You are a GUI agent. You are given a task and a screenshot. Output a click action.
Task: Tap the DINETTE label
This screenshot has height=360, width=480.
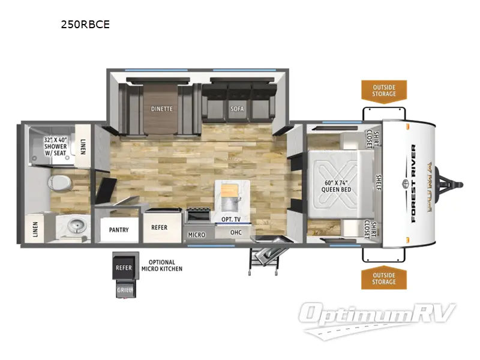[162, 109]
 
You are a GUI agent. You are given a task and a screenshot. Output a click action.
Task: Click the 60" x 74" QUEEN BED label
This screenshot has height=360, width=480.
[335, 185]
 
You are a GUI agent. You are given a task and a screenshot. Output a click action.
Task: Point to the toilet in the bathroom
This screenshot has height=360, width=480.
[60, 181]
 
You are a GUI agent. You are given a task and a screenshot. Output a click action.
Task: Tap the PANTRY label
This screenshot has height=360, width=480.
[120, 229]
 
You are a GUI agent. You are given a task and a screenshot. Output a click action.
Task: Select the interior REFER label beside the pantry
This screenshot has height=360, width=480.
[159, 227]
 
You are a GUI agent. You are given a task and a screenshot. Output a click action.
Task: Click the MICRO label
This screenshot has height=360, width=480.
[196, 235]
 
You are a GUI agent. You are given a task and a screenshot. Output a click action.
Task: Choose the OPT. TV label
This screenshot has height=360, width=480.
[230, 220]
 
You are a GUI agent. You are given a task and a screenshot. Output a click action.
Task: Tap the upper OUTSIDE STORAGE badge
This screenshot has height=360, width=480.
[383, 90]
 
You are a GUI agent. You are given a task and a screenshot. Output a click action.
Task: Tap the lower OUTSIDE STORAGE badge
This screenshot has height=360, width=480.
[383, 278]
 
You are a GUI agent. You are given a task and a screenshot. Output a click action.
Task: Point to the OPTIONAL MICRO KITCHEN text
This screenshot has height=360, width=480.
[161, 265]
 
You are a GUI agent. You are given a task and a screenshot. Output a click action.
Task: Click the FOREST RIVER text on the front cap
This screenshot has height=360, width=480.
[413, 183]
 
